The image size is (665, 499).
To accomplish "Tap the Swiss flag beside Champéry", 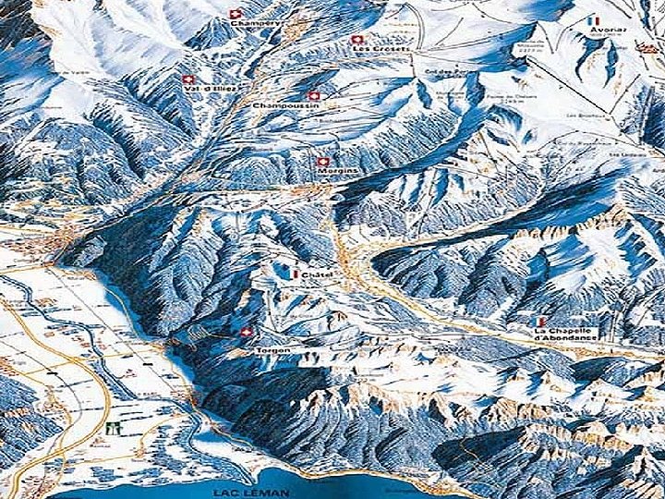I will [x=234, y=15].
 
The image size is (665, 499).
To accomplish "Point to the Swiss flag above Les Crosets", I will [x=357, y=40].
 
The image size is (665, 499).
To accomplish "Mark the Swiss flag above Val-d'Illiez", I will [x=188, y=79].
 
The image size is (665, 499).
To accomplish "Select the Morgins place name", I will [x=335, y=172].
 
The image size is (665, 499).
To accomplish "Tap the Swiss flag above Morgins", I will [x=321, y=161].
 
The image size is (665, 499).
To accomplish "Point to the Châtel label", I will [x=316, y=274].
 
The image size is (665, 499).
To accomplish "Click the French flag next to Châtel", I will [x=292, y=274].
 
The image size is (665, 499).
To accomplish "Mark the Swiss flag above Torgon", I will [x=246, y=333].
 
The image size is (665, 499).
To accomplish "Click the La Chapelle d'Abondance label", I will [x=564, y=335].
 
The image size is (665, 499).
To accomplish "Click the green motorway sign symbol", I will [x=115, y=430].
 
